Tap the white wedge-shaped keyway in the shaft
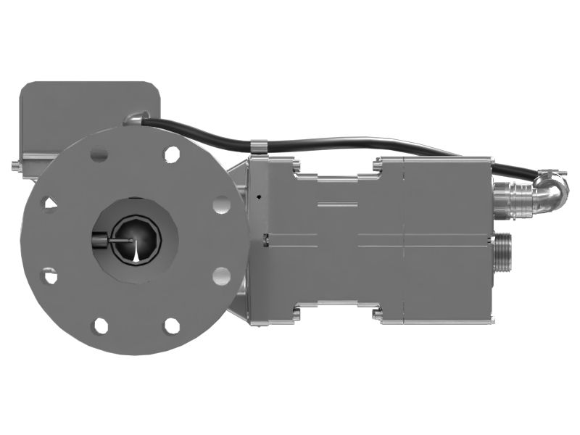point(136,251)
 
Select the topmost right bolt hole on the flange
point(172,154)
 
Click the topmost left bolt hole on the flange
point(99,155)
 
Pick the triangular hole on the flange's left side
point(49,204)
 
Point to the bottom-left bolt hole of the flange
point(101,326)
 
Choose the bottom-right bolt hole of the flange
point(172,326)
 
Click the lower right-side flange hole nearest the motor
point(221,276)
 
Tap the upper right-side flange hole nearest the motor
point(222,204)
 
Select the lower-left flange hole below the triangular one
point(49,275)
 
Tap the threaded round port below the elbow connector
point(502,252)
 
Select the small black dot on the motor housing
point(258,196)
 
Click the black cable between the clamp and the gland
point(196,135)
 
